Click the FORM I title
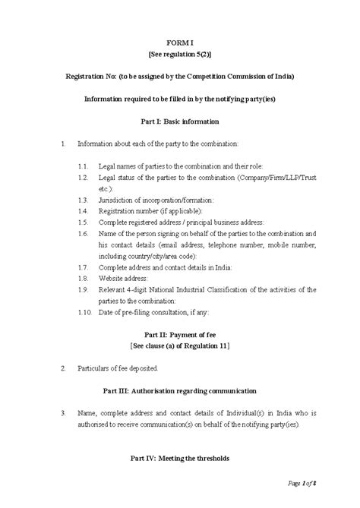point(180,44)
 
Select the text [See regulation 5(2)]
point(180,55)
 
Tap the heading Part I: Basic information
point(180,121)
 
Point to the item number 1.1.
point(84,166)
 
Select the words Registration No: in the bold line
point(92,77)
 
